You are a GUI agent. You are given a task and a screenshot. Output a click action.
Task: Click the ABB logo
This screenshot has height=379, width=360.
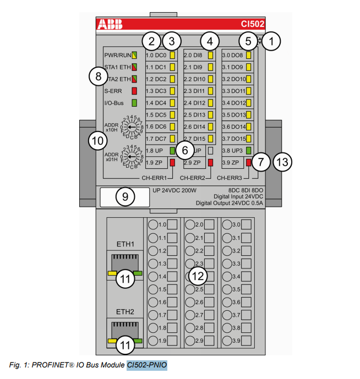[111, 24]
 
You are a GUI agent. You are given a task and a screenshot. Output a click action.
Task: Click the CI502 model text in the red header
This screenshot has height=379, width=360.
[252, 24]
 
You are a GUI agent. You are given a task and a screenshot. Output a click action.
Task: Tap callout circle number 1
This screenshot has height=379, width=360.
[271, 40]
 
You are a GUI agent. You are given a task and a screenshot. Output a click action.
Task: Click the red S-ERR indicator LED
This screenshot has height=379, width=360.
[134, 91]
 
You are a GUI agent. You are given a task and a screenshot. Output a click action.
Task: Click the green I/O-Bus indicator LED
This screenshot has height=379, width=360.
[134, 103]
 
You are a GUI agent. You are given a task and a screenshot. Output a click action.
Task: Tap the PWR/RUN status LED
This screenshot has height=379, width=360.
[134, 56]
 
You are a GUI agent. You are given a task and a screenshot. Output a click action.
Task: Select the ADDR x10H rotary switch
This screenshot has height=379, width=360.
[130, 127]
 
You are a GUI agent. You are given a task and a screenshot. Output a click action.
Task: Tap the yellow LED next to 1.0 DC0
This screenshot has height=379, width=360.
[172, 56]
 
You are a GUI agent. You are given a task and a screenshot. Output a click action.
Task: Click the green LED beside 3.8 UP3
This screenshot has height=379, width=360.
[249, 150]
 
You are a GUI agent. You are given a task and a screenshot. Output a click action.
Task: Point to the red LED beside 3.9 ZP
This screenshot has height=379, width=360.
[249, 162]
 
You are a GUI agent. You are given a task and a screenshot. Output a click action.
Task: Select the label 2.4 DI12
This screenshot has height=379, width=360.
[193, 103]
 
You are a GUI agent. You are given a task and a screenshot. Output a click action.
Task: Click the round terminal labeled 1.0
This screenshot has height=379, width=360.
[153, 224]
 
